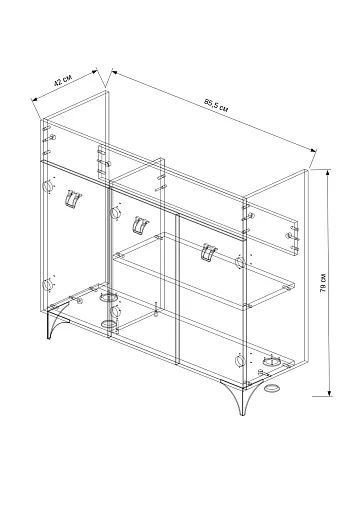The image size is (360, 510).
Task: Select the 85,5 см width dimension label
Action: [217, 105]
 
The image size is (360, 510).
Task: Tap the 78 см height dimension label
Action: [323, 283]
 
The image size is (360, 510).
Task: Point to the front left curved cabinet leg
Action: [56, 322]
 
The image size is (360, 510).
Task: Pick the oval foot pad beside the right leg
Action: [272, 388]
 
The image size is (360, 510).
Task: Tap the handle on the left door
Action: [73, 200]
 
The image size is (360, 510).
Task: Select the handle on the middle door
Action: [140, 226]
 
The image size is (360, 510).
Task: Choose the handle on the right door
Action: [209, 252]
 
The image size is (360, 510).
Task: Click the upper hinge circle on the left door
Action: [48, 185]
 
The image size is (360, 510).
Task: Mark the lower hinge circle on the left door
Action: [48, 285]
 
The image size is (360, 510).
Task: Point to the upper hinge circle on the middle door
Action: [115, 212]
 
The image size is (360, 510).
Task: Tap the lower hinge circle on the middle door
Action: [115, 312]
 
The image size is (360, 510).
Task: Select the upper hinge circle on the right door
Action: [239, 262]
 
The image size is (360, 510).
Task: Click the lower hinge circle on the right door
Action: [239, 361]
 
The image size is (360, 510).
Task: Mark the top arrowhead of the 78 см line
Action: [328, 172]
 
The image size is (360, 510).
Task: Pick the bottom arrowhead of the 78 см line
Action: [330, 394]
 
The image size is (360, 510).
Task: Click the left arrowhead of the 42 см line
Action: [33, 99]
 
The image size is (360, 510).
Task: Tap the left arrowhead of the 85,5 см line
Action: [114, 71]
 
